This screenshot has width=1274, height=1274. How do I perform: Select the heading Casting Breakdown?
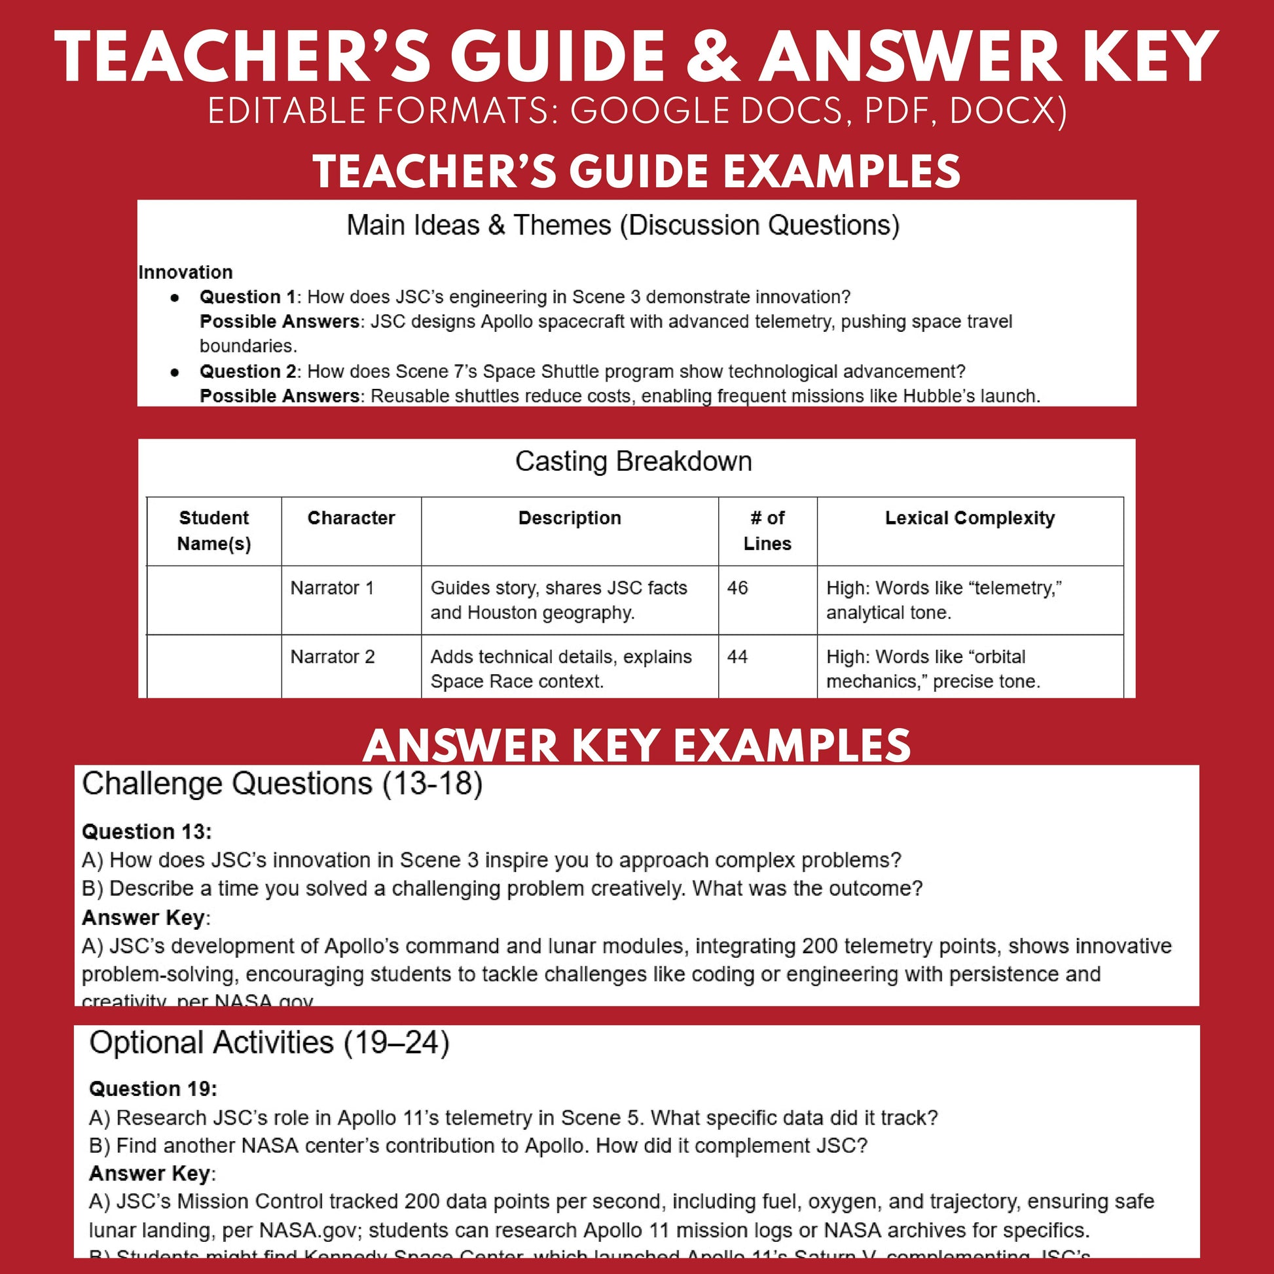(633, 462)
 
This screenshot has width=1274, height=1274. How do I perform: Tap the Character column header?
(351, 519)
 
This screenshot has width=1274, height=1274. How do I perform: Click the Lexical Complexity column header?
(970, 519)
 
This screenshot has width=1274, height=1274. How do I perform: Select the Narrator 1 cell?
(332, 587)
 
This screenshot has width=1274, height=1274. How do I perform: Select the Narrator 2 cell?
(333, 657)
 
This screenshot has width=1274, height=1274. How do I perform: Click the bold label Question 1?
(247, 297)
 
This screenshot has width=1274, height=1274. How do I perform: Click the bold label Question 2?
(247, 371)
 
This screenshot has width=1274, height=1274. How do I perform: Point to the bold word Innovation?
(185, 272)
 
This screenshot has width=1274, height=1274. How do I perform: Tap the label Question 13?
(147, 831)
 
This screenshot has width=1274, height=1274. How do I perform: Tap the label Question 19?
(153, 1089)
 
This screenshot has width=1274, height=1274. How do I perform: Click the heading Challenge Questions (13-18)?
(282, 784)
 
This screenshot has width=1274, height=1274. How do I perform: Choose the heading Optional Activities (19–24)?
(269, 1042)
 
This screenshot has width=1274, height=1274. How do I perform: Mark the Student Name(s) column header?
(213, 531)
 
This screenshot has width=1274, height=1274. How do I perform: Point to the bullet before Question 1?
(175, 298)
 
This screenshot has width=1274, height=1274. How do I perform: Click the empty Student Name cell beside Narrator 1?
(213, 600)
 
